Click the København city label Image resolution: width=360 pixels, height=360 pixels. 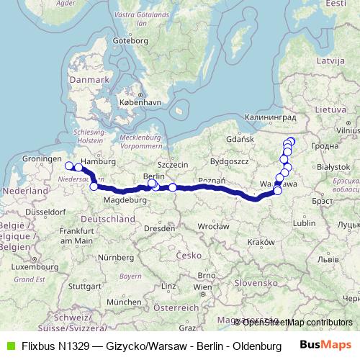point(143,102)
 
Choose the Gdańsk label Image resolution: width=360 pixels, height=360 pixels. point(238,138)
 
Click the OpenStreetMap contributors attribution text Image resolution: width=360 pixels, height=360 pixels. point(297,322)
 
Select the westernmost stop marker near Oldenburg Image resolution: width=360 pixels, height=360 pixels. point(69,166)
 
